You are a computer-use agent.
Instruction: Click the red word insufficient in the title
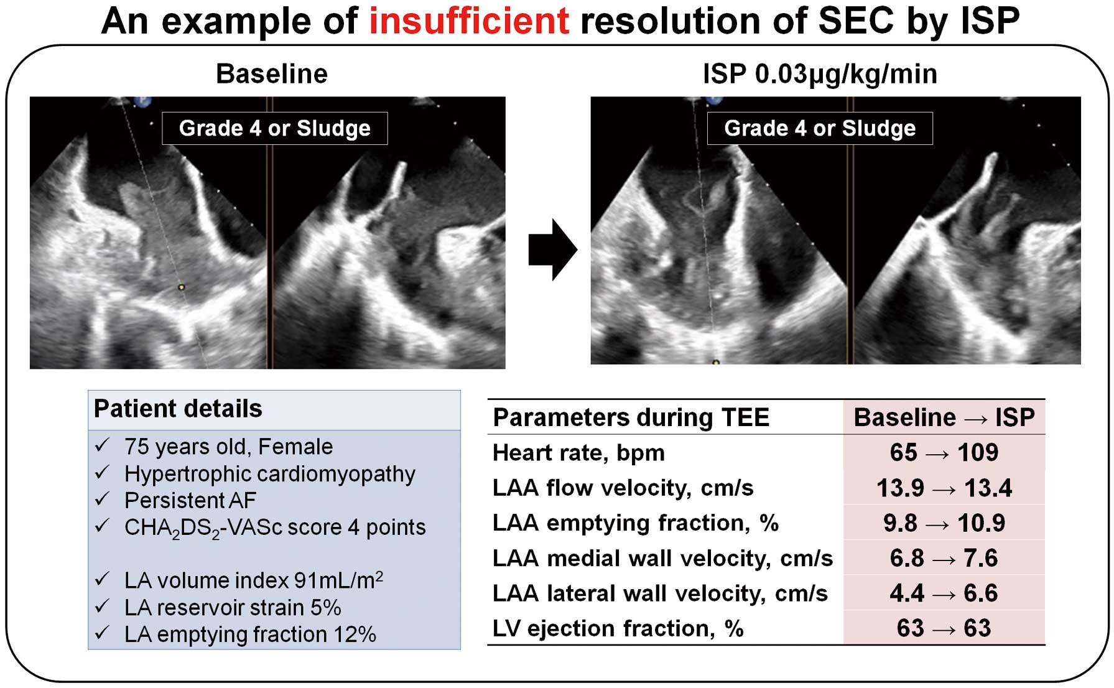(469, 21)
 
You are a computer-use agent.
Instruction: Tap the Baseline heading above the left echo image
(272, 74)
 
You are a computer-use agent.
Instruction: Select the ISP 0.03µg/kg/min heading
(820, 74)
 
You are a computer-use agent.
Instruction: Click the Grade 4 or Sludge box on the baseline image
(275, 128)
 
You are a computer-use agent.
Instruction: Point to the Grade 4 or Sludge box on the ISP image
(820, 128)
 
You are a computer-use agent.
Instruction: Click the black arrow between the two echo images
(552, 249)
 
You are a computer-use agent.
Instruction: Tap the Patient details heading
(178, 409)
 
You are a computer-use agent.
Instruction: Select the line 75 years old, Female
(228, 447)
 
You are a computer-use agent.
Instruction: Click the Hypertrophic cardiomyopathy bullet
(269, 474)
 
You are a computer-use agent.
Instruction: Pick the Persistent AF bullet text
(190, 500)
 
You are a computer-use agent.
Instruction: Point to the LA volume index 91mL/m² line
(253, 580)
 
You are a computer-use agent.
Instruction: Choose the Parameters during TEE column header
(631, 417)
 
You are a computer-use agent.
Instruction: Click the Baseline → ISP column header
(944, 417)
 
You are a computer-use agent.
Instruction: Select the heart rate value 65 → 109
(944, 452)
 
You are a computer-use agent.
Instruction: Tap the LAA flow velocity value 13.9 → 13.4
(944, 488)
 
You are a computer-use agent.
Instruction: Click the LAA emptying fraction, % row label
(635, 523)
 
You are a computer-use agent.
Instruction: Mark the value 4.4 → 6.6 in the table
(944, 593)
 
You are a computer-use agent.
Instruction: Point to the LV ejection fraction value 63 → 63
(944, 628)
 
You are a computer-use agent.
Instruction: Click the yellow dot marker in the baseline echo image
(181, 287)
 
